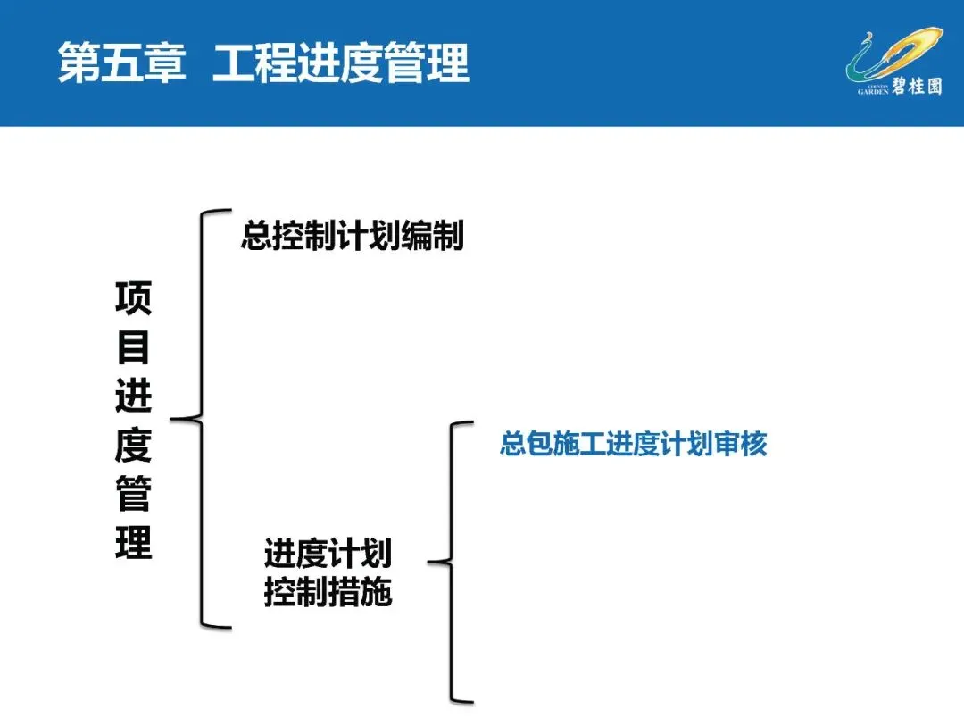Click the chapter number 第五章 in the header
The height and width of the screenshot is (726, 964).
(x=122, y=64)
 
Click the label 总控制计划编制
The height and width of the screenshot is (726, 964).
(x=352, y=236)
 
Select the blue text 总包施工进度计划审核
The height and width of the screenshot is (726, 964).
(x=633, y=445)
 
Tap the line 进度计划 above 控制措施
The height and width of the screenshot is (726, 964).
(x=328, y=554)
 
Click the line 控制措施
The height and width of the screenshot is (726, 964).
(x=328, y=592)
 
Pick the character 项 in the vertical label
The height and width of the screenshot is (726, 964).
(x=134, y=298)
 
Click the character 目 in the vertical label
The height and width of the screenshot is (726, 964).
(x=134, y=347)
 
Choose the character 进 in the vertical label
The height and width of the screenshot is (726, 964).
(x=134, y=396)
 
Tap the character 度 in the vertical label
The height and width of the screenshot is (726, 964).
(x=134, y=446)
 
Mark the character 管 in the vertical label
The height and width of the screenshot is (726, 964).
(x=134, y=495)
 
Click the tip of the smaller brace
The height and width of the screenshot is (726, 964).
(x=432, y=562)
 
